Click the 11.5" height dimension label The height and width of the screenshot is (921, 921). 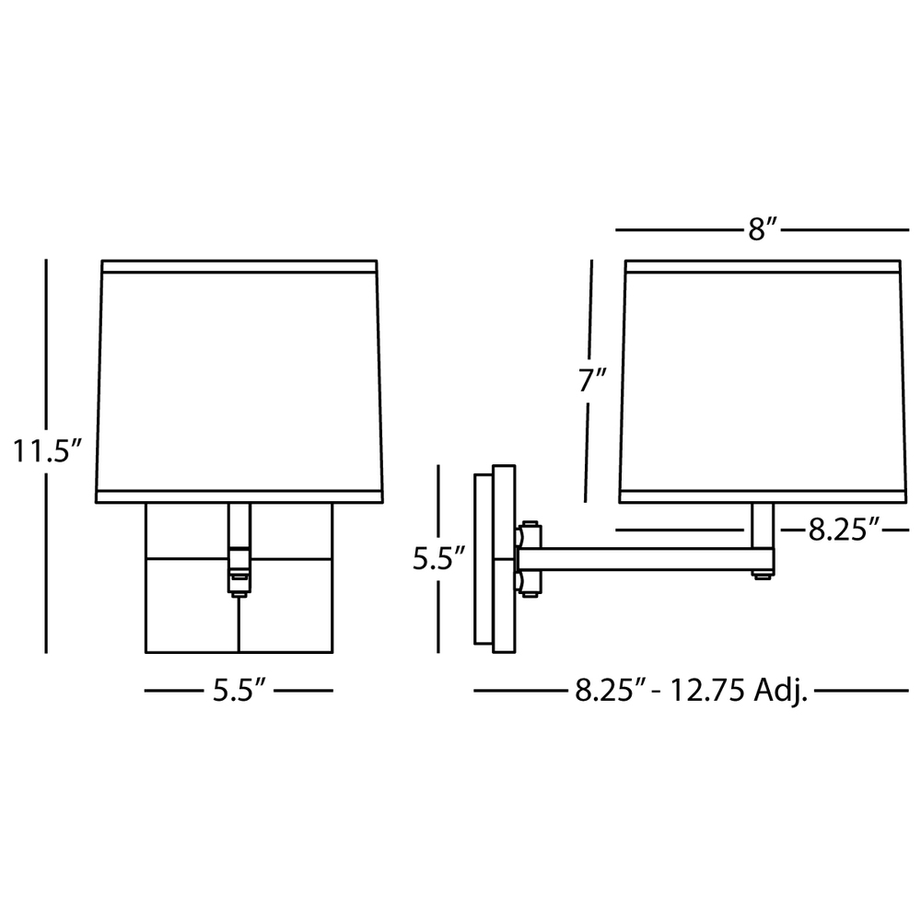point(46,452)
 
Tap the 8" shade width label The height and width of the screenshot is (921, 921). point(763,229)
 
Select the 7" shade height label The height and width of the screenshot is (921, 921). point(592,380)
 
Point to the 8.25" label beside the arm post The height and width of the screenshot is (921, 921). point(843,530)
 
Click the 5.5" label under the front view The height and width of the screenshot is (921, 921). point(239,690)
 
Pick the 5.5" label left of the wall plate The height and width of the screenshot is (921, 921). point(439,558)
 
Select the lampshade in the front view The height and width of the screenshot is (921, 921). point(239,381)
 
